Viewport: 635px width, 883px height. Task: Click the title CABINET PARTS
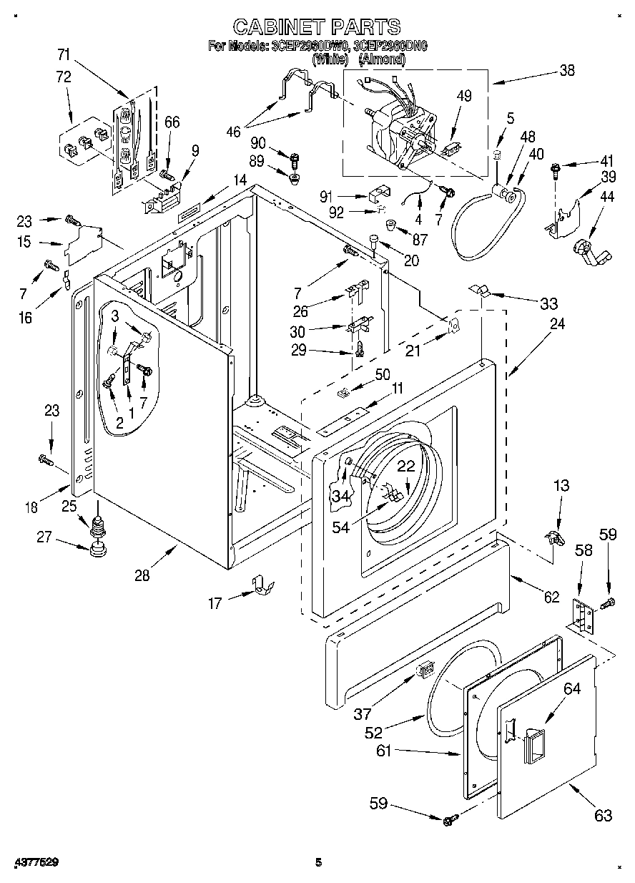tap(317, 26)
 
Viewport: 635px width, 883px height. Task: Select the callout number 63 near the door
tap(603, 815)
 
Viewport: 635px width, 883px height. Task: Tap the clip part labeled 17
tap(263, 585)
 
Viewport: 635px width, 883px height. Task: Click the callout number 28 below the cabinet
tap(142, 574)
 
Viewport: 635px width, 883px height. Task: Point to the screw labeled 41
tap(555, 169)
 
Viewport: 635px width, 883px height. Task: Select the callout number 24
tap(556, 323)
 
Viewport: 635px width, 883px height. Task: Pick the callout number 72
tap(64, 77)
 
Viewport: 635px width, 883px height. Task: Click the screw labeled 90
tap(293, 156)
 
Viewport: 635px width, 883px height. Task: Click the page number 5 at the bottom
tap(318, 862)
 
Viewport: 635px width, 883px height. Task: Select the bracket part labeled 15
tap(84, 244)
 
